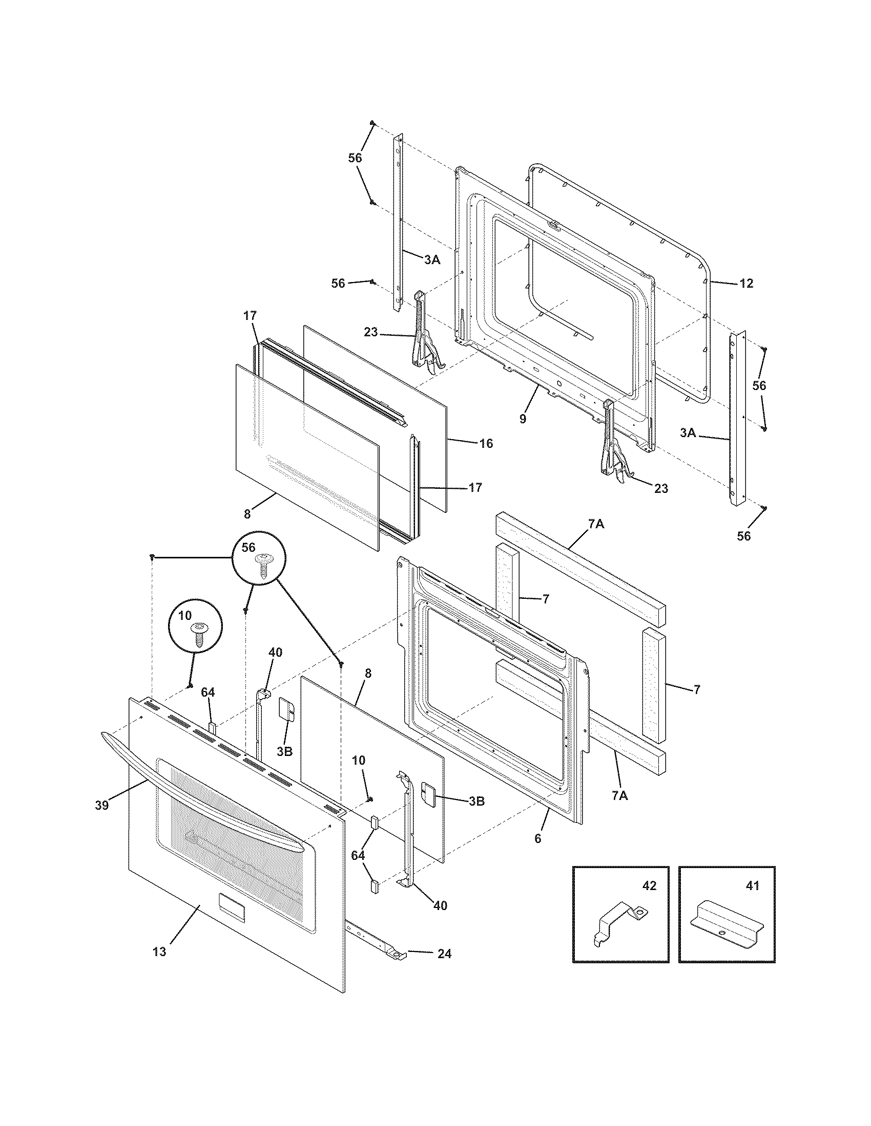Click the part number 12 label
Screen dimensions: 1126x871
point(746,283)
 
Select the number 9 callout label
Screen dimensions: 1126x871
point(523,419)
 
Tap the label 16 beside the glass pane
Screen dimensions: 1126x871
point(486,443)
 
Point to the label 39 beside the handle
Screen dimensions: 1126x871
point(101,805)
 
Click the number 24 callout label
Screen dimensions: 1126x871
point(444,954)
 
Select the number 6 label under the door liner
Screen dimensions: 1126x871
point(537,838)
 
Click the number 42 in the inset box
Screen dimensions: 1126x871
point(649,886)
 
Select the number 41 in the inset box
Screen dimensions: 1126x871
point(753,886)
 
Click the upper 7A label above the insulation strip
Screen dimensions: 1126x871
point(596,524)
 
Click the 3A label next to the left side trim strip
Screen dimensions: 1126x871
point(432,261)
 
